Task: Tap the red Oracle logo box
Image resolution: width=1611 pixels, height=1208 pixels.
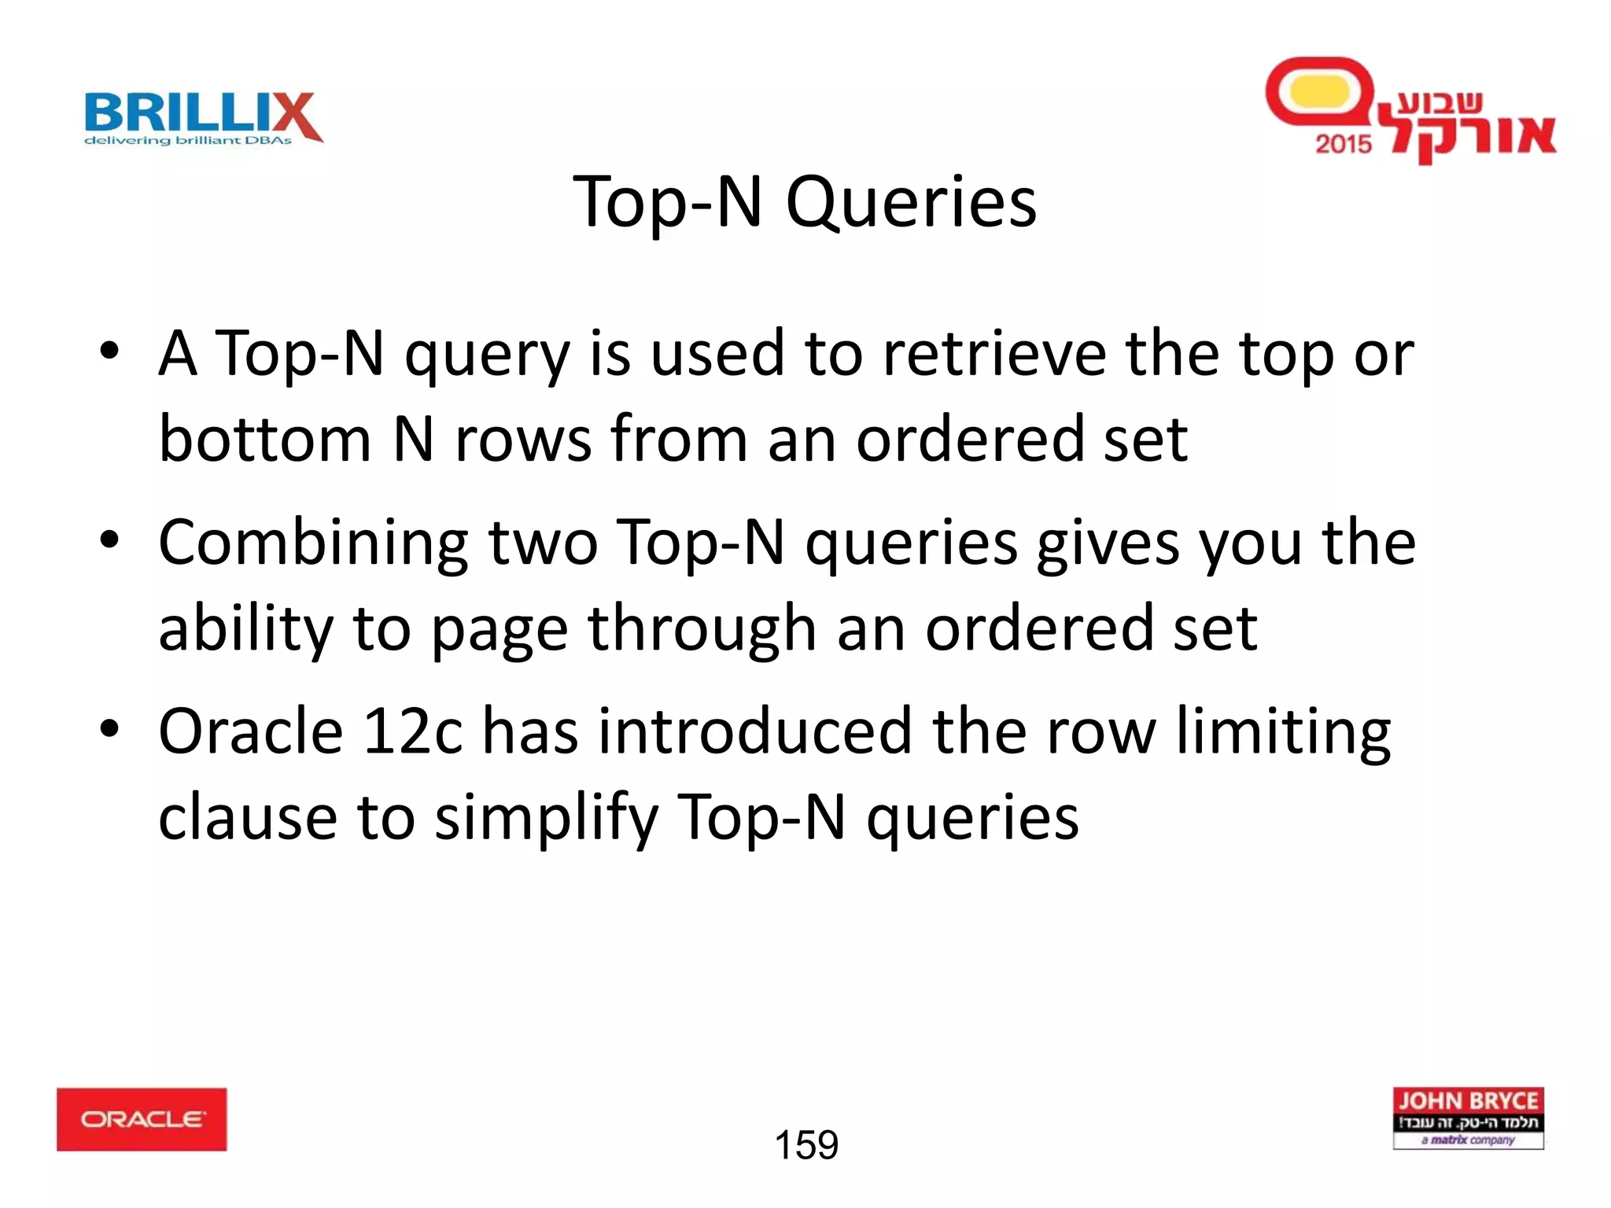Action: point(142,1119)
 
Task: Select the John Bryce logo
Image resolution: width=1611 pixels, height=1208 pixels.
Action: point(1468,1118)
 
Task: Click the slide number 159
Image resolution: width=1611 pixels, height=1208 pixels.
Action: point(806,1145)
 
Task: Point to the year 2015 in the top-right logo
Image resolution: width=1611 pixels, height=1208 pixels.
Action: point(1343,144)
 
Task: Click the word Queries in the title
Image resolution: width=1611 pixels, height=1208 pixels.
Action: point(911,203)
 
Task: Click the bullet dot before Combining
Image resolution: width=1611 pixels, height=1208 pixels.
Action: point(109,540)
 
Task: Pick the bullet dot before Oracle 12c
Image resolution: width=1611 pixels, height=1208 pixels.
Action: point(109,728)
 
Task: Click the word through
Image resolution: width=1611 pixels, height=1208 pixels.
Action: point(702,629)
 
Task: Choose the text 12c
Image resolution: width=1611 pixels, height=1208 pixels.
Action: point(412,731)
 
